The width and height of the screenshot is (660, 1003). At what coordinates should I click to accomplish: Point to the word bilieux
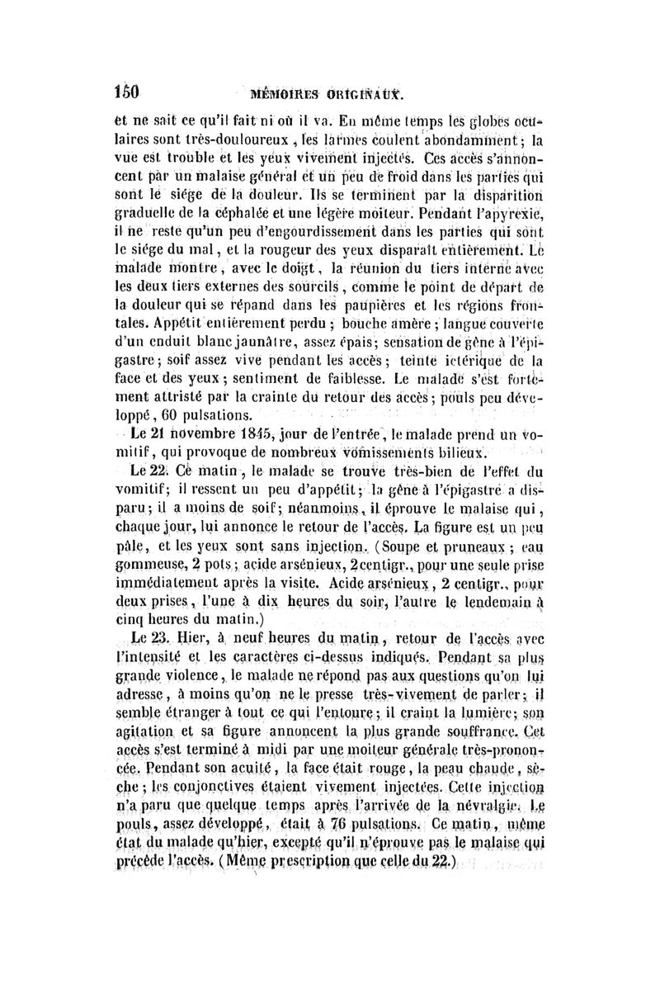[465, 453]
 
